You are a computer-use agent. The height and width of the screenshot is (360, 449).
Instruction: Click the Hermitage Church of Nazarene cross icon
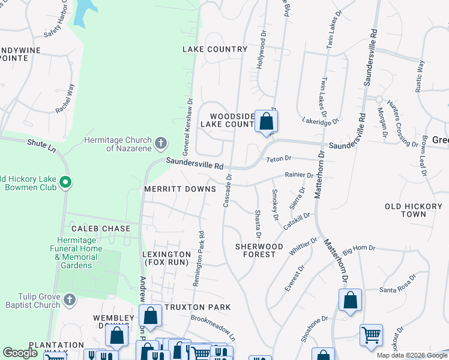click(160, 143)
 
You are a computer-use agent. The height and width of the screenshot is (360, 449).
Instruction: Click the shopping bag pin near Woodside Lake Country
click(266, 121)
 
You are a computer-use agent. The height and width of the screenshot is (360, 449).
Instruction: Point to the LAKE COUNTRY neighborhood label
click(215, 49)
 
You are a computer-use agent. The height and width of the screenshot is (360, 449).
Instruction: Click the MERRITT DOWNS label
click(179, 189)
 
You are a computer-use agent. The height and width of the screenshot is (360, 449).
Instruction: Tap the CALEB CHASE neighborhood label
click(101, 229)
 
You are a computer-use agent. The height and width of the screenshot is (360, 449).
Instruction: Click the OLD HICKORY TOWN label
click(413, 210)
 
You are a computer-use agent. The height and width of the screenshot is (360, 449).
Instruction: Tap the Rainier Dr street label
click(298, 175)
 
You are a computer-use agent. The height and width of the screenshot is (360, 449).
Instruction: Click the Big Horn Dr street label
click(358, 248)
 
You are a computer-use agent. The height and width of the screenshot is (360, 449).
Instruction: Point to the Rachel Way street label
click(65, 99)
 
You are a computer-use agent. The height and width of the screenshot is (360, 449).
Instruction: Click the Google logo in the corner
click(20, 353)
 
